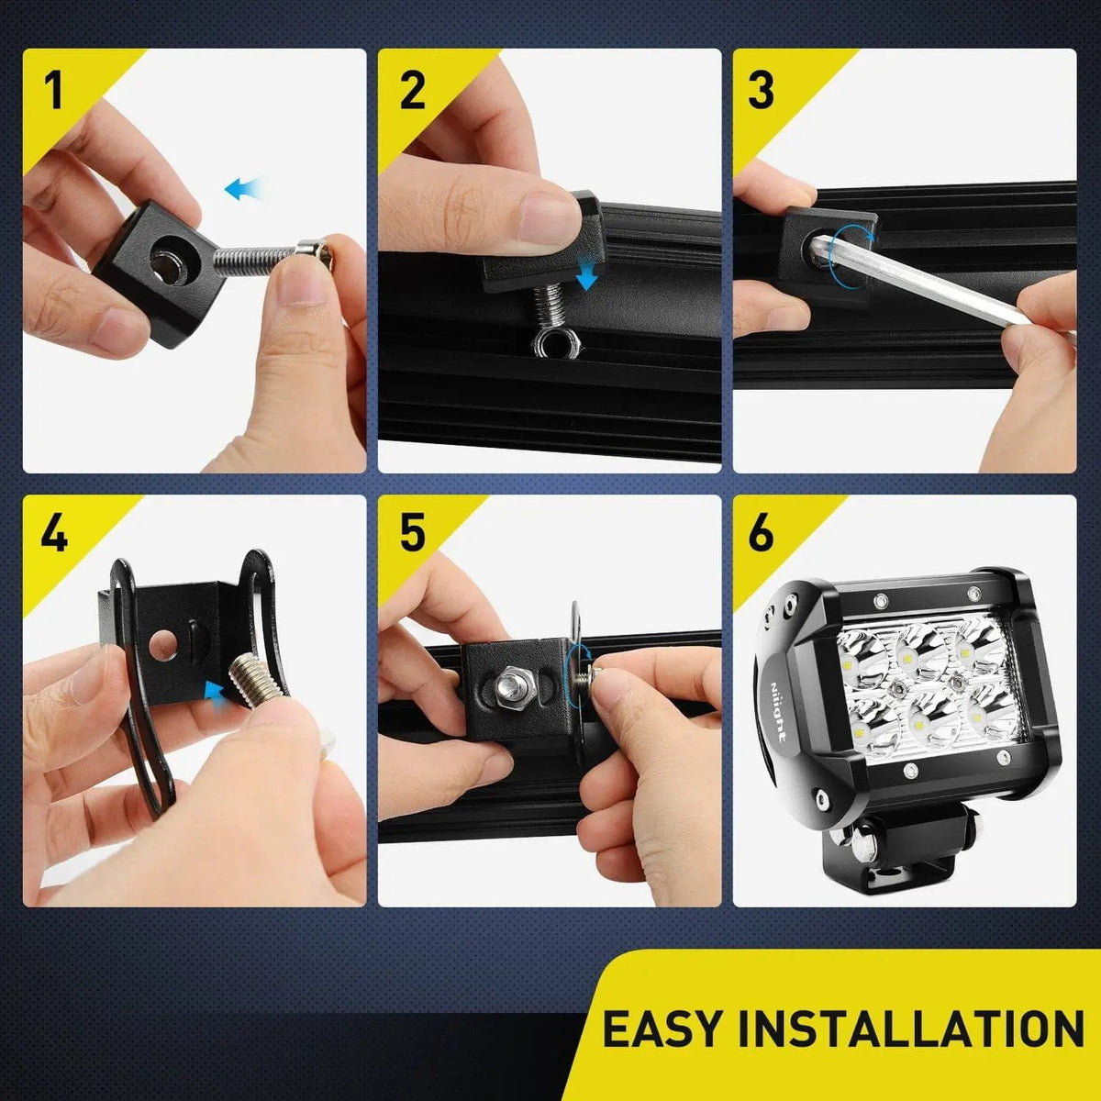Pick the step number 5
(x=413, y=533)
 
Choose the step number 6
(x=762, y=533)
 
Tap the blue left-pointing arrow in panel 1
(x=244, y=189)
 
